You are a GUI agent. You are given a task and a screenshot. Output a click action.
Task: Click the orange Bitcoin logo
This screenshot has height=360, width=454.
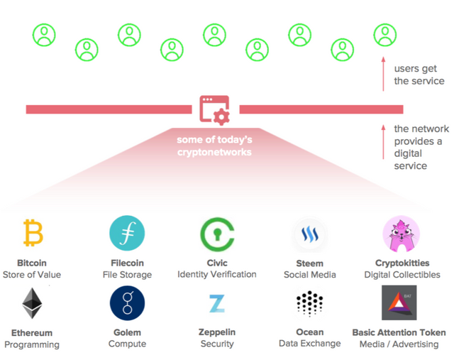(33, 233)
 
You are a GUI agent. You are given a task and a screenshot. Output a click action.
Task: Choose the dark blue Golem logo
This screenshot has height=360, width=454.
(127, 303)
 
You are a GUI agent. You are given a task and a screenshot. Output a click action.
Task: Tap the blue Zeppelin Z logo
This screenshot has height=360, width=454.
(216, 303)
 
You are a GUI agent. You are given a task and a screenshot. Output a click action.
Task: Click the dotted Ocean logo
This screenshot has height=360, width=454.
(309, 303)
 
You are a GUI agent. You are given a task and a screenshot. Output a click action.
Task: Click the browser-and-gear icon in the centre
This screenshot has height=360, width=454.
(214, 110)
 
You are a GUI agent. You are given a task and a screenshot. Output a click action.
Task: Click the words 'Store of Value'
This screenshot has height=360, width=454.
(32, 275)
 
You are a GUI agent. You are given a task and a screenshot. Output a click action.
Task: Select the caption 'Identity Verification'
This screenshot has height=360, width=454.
(216, 275)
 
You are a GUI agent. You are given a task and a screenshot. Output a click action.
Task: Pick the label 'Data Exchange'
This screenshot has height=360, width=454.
(309, 344)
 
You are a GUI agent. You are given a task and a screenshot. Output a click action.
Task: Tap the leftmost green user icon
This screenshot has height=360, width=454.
(44, 36)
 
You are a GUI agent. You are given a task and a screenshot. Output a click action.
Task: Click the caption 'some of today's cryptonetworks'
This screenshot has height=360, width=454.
(214, 146)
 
